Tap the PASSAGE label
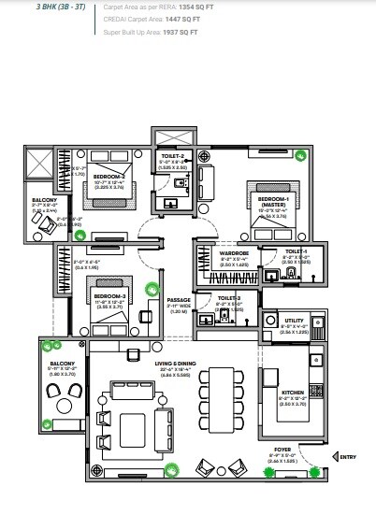coord(179,300)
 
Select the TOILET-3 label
coord(228,298)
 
